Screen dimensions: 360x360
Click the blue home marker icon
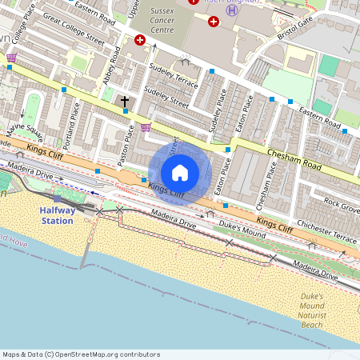coord(180,173)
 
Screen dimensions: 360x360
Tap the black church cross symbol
coord(124,101)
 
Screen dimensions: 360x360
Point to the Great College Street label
coord(74,27)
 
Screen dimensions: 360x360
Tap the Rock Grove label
coord(342,204)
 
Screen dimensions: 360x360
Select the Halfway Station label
coord(58,215)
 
